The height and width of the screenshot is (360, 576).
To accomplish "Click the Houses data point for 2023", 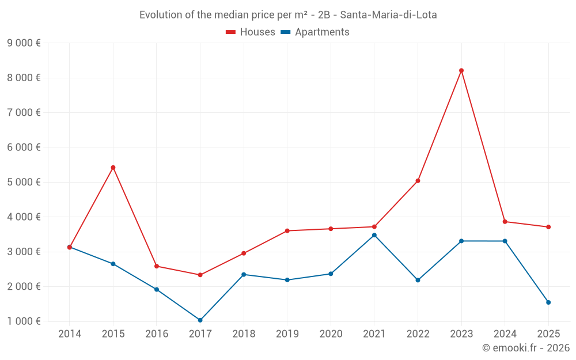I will [x=461, y=71].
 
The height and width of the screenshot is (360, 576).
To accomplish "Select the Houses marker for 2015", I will [x=113, y=168].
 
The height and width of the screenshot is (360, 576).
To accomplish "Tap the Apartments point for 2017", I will [x=200, y=320].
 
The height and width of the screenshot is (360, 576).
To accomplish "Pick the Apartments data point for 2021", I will [x=374, y=235].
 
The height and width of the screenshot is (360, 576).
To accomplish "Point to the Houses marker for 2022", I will [x=418, y=181].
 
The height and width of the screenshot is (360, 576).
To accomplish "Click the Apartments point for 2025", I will [x=548, y=302].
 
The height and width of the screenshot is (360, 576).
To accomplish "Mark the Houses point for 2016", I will [x=157, y=266].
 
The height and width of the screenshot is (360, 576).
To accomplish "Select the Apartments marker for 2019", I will [x=287, y=280].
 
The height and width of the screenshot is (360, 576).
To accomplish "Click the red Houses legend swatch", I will [x=230, y=32].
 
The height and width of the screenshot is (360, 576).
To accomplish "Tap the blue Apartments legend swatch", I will [x=285, y=32].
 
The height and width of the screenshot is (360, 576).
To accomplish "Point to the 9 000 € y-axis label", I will [x=24, y=43].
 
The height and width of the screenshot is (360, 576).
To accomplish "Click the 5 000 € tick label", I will [x=24, y=182].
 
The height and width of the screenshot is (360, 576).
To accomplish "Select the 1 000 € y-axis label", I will [x=24, y=321].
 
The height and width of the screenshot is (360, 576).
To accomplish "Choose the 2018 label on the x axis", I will [x=244, y=334].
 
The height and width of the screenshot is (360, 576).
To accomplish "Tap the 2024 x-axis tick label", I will [x=505, y=334].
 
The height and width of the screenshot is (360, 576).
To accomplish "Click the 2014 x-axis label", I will [x=70, y=334].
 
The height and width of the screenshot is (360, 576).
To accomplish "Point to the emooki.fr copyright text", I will [x=526, y=348].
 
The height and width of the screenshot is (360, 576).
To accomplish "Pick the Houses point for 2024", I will [x=505, y=222].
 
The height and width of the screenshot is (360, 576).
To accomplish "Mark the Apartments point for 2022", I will [x=418, y=280].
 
